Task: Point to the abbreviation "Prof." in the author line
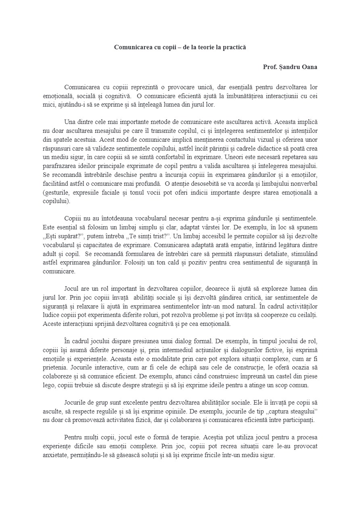click(270, 67)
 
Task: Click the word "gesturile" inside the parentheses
click(57, 192)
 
